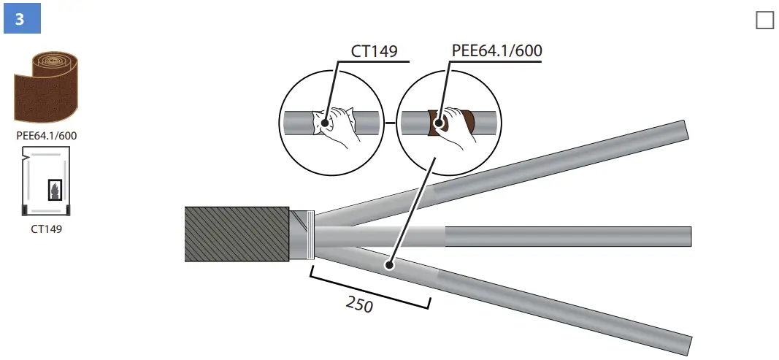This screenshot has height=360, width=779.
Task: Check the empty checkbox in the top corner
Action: [x=764, y=20]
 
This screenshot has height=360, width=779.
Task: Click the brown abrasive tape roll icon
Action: [x=47, y=88]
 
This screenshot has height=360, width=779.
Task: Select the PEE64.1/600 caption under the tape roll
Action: [x=47, y=134]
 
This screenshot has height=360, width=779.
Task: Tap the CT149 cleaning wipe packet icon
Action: [x=47, y=181]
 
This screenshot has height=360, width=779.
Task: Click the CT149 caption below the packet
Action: [x=47, y=229]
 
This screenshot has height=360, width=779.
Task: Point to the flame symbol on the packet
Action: [x=54, y=190]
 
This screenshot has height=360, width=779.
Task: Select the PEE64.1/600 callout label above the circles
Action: [x=496, y=51]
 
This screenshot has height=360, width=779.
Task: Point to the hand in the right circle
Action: [x=456, y=124]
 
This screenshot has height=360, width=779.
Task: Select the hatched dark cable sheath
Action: [x=237, y=234]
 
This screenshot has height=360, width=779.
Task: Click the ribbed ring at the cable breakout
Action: [x=312, y=235]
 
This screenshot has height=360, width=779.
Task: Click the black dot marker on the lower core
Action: [x=390, y=265]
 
